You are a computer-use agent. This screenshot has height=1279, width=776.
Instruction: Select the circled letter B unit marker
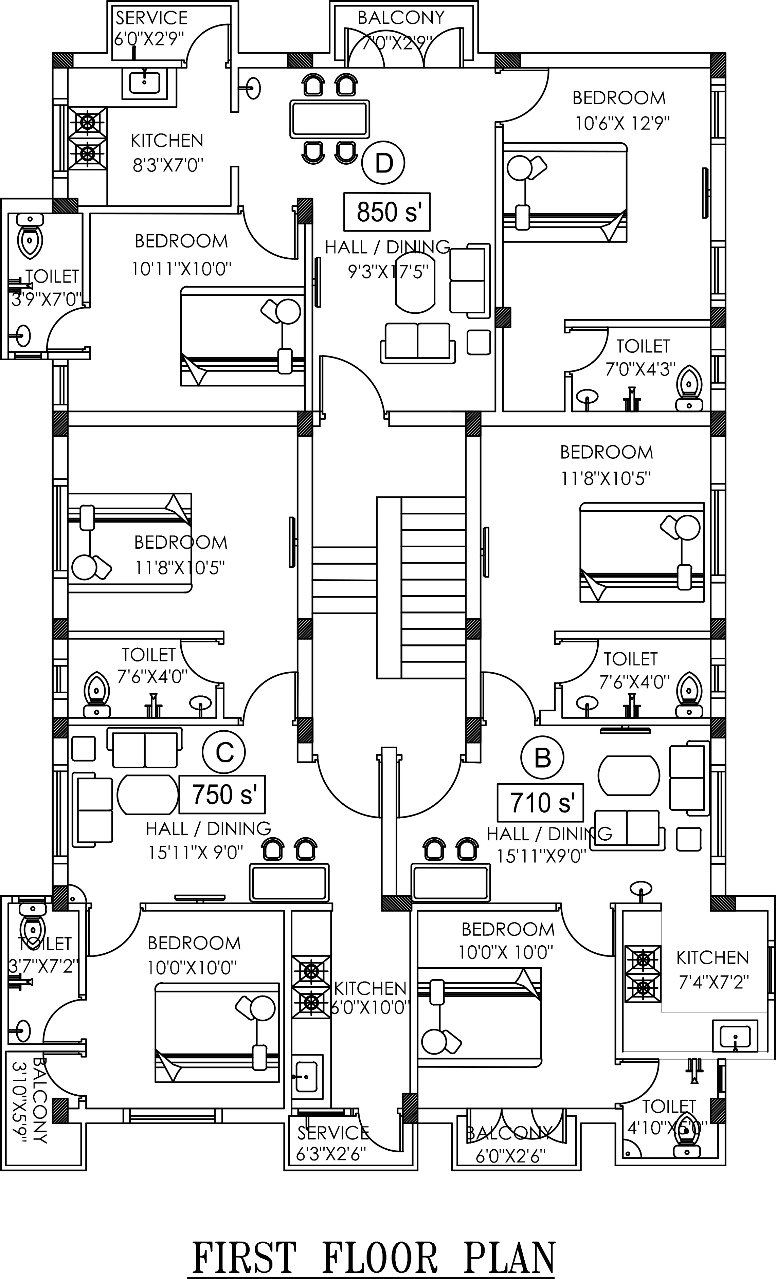(542, 757)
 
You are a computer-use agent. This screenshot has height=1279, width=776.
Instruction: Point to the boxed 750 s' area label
(222, 794)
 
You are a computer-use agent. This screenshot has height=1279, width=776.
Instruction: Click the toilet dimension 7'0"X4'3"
(640, 369)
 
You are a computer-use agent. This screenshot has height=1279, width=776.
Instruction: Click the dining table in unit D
(330, 119)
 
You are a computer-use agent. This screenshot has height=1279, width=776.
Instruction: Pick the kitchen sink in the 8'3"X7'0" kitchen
(144, 82)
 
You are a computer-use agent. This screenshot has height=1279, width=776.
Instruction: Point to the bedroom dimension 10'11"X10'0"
(181, 269)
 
